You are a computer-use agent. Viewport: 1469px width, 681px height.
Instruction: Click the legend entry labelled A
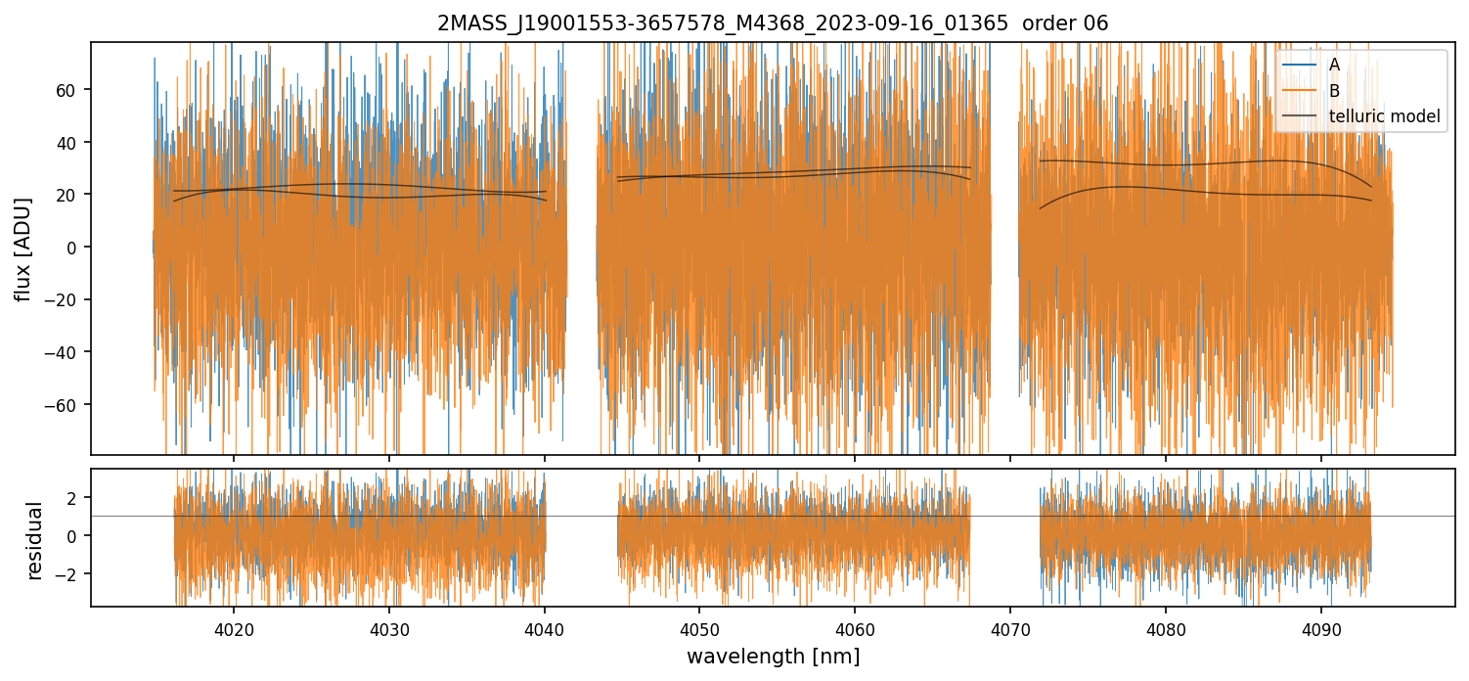[1334, 65]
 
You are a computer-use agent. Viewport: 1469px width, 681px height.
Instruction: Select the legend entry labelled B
[1334, 91]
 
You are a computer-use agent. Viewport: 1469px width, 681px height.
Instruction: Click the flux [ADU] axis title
[22, 249]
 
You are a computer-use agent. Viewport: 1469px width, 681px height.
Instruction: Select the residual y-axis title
[35, 540]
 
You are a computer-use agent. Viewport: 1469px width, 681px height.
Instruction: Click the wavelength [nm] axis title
[773, 657]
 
